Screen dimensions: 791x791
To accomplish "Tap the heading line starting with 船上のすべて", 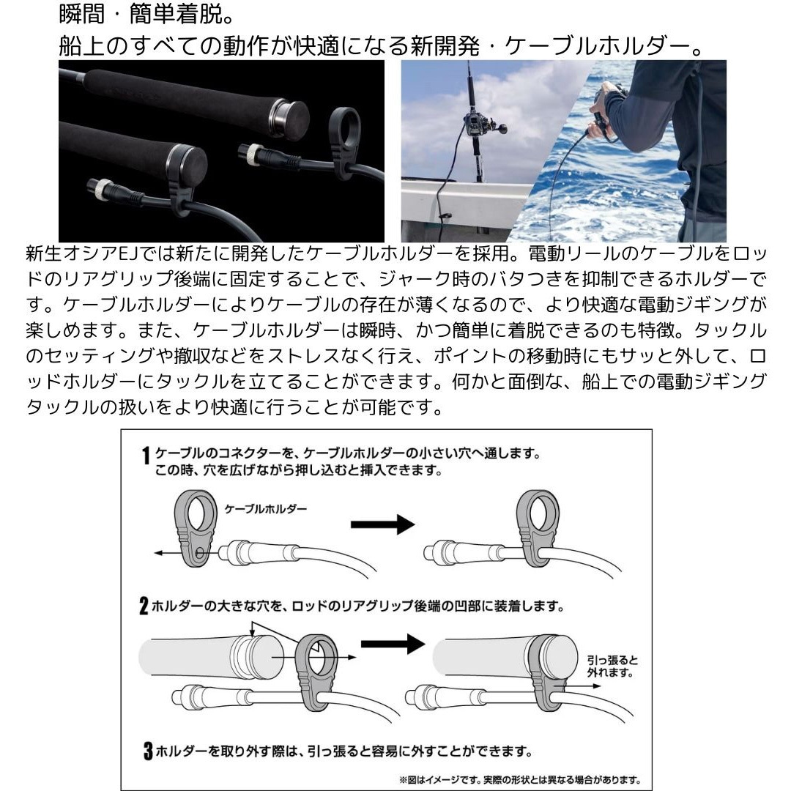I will coord(381,45).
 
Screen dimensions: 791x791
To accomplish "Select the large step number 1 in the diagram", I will coord(146,459).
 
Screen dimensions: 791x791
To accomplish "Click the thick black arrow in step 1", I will coord(382,524).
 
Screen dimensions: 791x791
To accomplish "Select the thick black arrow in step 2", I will coord(393,644).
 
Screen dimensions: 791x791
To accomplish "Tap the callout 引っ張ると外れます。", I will coord(609,665).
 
